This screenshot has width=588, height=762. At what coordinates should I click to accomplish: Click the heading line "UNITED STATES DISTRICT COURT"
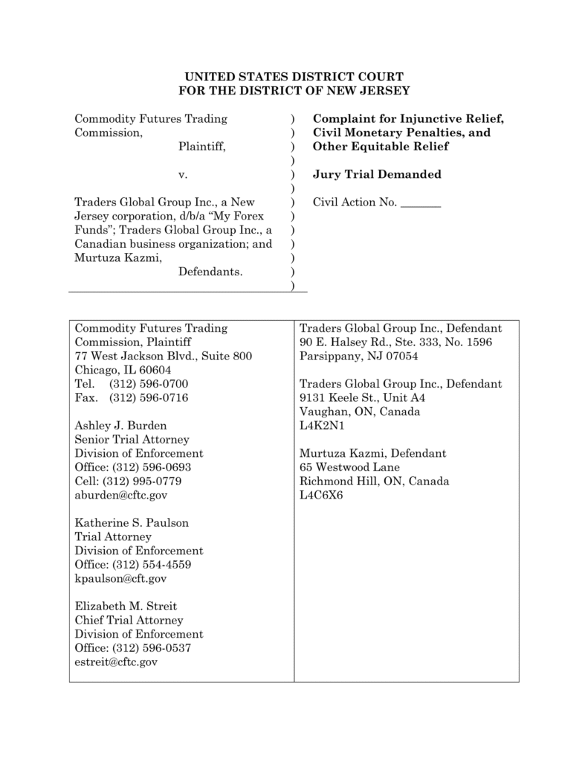tap(294, 77)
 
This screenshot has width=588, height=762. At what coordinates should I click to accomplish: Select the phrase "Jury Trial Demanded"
tap(377, 175)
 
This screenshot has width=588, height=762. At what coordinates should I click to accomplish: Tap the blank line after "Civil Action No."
tap(421, 202)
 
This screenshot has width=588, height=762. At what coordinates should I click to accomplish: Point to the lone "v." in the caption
tap(183, 175)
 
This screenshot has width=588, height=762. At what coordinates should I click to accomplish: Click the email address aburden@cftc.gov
tap(121, 495)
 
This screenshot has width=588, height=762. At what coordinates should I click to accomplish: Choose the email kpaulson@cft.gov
tap(120, 578)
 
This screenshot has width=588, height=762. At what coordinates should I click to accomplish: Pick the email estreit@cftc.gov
tap(117, 662)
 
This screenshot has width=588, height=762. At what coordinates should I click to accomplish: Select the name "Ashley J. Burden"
tap(121, 426)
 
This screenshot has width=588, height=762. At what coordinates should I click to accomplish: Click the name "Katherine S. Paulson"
tap(132, 523)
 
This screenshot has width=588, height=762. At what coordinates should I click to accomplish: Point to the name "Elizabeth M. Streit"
tap(126, 606)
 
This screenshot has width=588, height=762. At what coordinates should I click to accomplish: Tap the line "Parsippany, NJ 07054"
tap(358, 356)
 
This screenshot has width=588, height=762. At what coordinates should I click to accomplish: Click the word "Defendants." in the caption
tap(210, 272)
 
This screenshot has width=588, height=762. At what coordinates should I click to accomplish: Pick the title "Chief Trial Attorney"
tap(129, 620)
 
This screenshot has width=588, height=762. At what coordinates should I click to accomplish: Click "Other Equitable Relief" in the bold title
tap(381, 147)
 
